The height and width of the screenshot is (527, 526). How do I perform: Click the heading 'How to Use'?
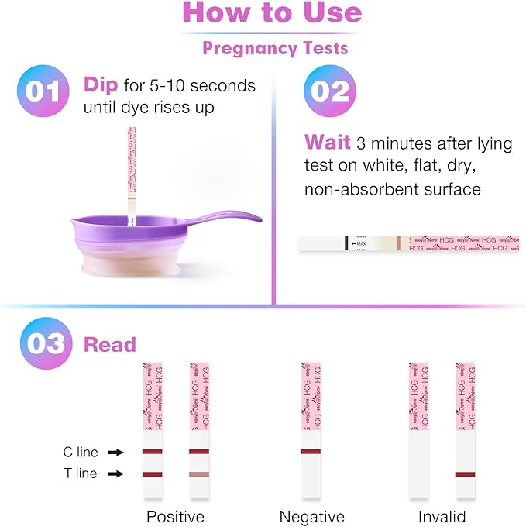(272, 13)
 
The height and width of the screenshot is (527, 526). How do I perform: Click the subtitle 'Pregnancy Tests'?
(275, 48)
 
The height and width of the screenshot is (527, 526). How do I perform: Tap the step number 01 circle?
(44, 91)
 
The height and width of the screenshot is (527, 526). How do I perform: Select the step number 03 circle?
(44, 343)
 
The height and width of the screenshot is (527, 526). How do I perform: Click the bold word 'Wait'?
(326, 142)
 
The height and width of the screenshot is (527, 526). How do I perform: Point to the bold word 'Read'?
(109, 345)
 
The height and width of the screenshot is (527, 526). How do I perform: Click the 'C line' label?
(80, 452)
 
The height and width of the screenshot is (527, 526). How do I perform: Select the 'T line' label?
(80, 474)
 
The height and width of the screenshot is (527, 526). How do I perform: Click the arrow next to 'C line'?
(115, 452)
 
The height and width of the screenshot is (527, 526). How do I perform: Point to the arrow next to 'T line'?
(115, 474)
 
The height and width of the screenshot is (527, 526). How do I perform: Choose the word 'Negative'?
(311, 516)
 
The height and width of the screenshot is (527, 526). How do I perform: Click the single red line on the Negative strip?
(311, 451)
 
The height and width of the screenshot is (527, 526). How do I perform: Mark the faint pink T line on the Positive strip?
(199, 474)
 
